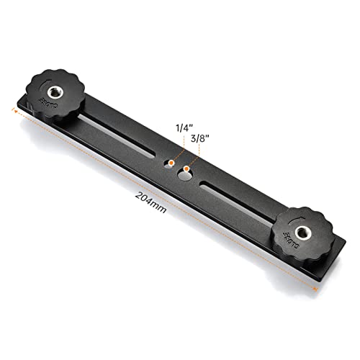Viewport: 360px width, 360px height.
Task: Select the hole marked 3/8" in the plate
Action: coord(184,169)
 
